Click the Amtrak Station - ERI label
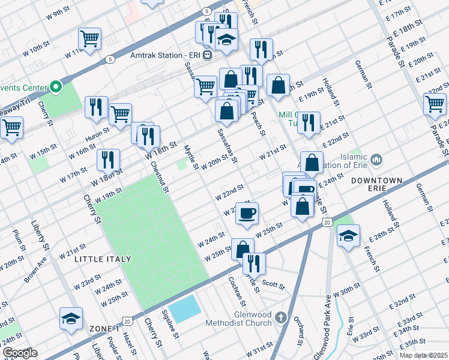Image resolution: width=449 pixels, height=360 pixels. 165,55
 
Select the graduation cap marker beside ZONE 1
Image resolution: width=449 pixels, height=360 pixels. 71,318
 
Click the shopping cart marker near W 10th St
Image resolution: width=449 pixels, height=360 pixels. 89,39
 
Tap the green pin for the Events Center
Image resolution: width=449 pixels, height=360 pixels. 56,88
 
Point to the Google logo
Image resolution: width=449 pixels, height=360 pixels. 20,353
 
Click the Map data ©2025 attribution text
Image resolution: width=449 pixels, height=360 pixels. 423,355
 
